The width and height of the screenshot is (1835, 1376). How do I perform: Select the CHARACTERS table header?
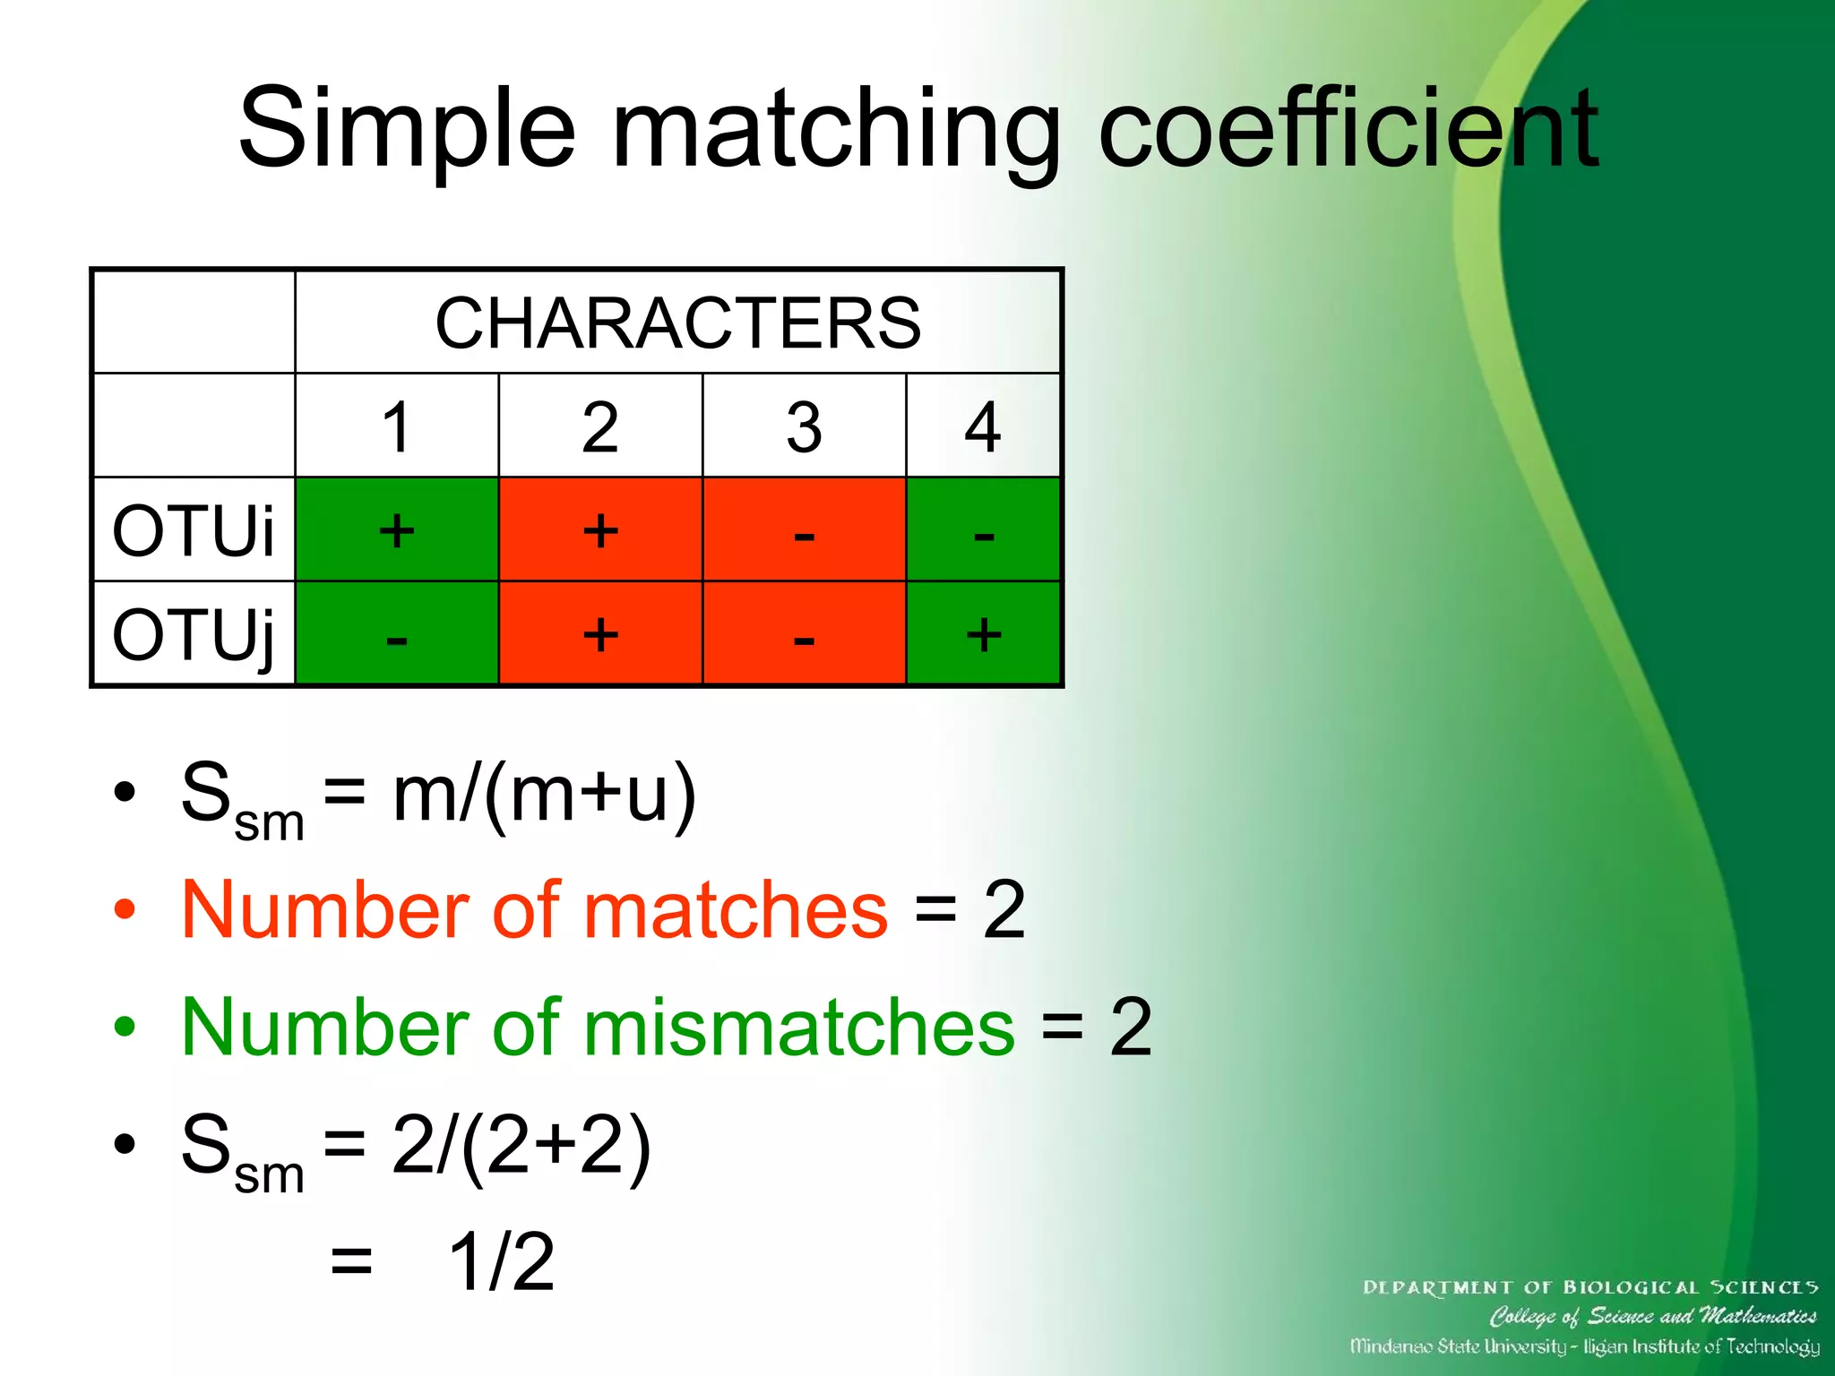pos(677,322)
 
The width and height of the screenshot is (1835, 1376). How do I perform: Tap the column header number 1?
pos(396,427)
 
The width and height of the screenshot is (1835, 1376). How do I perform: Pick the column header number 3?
pos(804,427)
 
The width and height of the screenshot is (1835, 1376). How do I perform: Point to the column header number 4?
pos(983,427)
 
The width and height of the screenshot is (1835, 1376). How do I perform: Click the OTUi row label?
pos(193,530)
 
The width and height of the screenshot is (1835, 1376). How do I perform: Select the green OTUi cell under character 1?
pos(396,530)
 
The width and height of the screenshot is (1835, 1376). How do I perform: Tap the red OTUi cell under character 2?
pos(600,530)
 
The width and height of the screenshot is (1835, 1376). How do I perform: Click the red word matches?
pos(735,910)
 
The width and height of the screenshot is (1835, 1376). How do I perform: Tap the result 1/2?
pos(501,1261)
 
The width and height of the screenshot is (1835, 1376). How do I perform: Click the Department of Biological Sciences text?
pos(1589,1287)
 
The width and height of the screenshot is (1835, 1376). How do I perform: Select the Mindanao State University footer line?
pos(1584,1346)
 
